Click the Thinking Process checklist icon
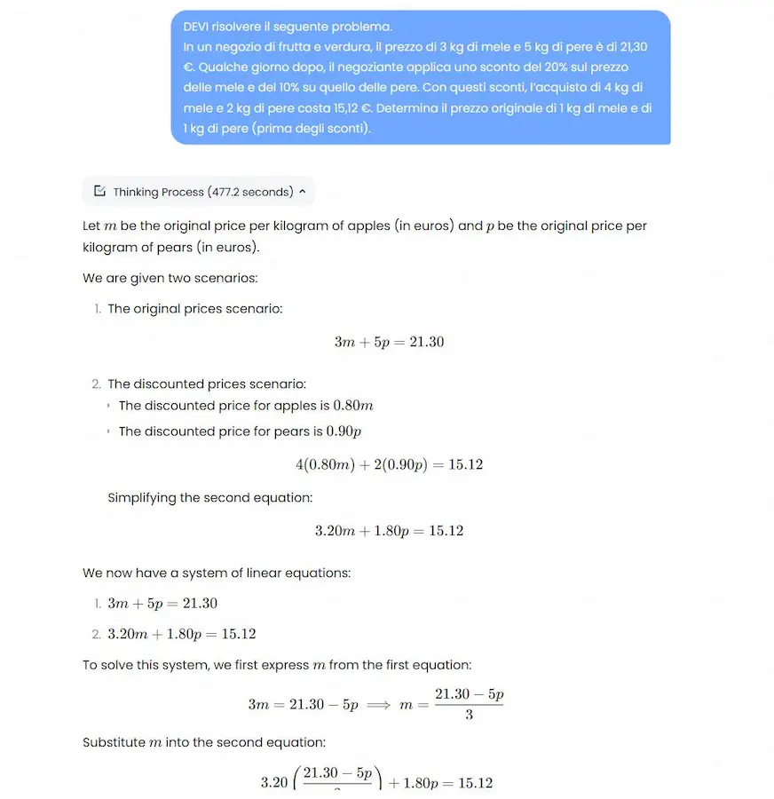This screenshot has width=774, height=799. click(x=99, y=192)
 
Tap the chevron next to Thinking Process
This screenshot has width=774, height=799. click(x=303, y=192)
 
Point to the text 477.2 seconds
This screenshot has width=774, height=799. click(x=250, y=192)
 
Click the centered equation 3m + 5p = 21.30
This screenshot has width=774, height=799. click(x=389, y=342)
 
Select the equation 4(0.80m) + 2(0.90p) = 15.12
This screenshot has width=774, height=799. click(x=389, y=464)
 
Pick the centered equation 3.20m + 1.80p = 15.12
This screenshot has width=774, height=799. click(x=389, y=531)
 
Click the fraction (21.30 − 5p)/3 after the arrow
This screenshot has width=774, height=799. click(x=469, y=703)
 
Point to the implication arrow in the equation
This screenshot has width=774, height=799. click(x=378, y=704)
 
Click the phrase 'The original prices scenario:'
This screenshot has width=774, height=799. click(x=195, y=309)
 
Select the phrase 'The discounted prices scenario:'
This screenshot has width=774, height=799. click(x=207, y=384)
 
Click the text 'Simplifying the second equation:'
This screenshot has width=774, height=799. click(x=209, y=498)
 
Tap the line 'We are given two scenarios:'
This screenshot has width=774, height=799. click(x=170, y=278)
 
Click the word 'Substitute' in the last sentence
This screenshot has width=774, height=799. click(x=114, y=742)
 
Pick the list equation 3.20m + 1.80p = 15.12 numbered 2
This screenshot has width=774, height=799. click(x=181, y=634)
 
